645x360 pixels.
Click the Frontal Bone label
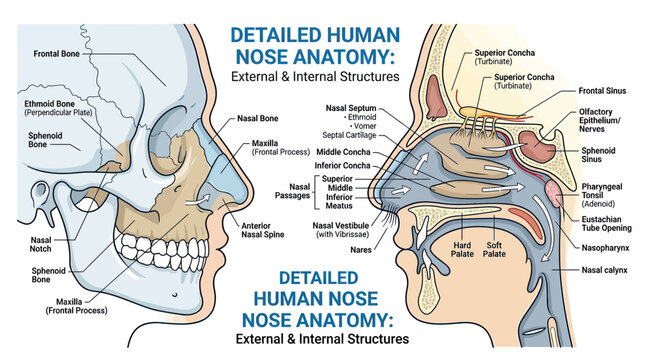(56, 54)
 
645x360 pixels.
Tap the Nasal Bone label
(258, 118)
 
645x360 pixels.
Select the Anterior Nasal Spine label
(262, 230)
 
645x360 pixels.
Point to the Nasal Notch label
(40, 244)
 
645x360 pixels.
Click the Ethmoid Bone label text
(49, 104)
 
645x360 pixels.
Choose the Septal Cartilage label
(349, 135)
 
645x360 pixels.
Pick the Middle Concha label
(343, 152)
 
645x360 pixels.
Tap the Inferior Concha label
(342, 166)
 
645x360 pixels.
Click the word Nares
(361, 250)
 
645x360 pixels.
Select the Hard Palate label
(462, 250)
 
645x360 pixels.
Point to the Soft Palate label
(494, 250)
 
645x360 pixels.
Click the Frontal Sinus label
(602, 91)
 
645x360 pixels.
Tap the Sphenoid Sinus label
(598, 155)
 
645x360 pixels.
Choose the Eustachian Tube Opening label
(606, 224)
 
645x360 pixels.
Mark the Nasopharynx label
(605, 248)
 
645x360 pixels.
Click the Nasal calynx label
(604, 270)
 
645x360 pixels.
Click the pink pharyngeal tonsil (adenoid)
(553, 193)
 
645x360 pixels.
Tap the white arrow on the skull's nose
(197, 200)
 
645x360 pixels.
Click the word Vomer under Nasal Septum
(364, 126)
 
